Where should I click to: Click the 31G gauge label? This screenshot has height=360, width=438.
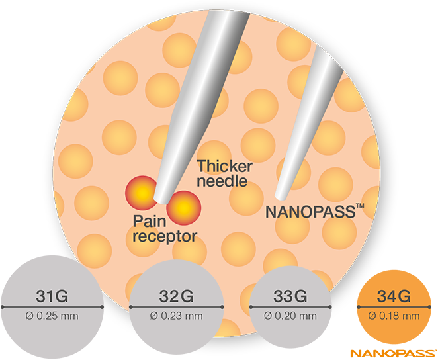click(52, 296)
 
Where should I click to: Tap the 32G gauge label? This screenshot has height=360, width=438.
click(176, 296)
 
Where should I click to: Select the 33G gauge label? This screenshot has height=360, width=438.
click(290, 296)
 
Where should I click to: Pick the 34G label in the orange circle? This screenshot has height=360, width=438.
click(394, 296)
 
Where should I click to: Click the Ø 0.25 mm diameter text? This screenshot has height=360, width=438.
click(52, 316)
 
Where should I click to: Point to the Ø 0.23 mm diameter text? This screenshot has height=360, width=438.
click(176, 316)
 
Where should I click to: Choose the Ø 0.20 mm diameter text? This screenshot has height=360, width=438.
click(290, 316)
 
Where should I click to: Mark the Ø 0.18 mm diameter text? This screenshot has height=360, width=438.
click(394, 316)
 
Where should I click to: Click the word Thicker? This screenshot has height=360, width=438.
click(224, 167)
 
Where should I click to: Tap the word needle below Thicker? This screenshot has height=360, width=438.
click(222, 181)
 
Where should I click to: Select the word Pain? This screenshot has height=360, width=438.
click(150, 221)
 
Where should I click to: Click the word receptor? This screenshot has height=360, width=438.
click(165, 236)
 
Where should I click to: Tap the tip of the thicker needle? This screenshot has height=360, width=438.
click(161, 201)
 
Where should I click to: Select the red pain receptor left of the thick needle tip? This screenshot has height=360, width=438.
click(142, 193)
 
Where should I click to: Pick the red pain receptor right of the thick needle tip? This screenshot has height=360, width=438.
click(183, 208)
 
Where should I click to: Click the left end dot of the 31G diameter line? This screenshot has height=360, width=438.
click(3, 307)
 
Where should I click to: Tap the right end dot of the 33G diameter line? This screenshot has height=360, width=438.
click(330, 307)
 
